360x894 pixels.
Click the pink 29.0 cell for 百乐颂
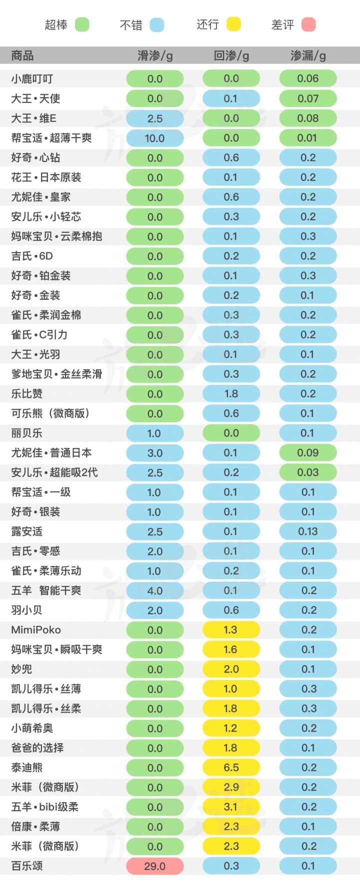154,866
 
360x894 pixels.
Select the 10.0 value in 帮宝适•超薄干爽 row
154,138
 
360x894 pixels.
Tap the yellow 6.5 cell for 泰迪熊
231,768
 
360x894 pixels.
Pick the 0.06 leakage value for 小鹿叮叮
307,78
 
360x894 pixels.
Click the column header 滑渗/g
155,55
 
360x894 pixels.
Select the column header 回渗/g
231,55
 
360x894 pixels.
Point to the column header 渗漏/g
308,55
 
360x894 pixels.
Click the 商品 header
22,55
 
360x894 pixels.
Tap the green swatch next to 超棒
82,24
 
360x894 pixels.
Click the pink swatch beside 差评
308,24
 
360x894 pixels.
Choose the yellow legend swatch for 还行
233,24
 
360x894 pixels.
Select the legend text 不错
131,25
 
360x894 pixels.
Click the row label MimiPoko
36,630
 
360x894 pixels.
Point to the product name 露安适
27,531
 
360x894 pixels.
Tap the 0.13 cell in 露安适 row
307,531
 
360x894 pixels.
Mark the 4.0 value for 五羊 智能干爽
154,591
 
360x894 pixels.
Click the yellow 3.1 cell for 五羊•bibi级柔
231,807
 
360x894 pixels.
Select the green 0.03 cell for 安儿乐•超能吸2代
307,472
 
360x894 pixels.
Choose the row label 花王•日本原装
46,177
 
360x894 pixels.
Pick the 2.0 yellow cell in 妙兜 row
231,669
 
